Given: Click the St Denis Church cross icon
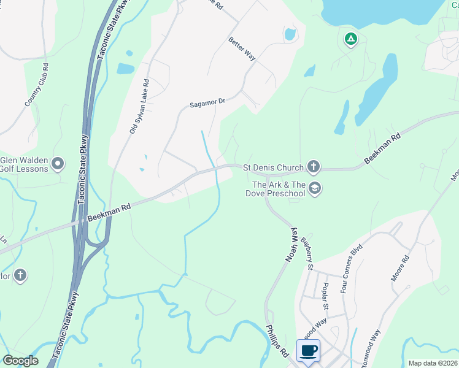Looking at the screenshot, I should point(314,166).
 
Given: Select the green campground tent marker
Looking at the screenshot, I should point(350,40).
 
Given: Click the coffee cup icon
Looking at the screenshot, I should point(308,350).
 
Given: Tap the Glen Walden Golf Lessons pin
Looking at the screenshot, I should point(58,163).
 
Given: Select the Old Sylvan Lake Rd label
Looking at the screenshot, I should point(139,106).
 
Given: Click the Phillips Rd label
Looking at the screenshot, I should point(277,341).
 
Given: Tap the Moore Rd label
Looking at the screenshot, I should point(400,269).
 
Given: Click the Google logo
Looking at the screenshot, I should point(20,361).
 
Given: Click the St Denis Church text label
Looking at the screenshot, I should point(273,167).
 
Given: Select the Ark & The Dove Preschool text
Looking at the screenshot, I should point(279,189).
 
